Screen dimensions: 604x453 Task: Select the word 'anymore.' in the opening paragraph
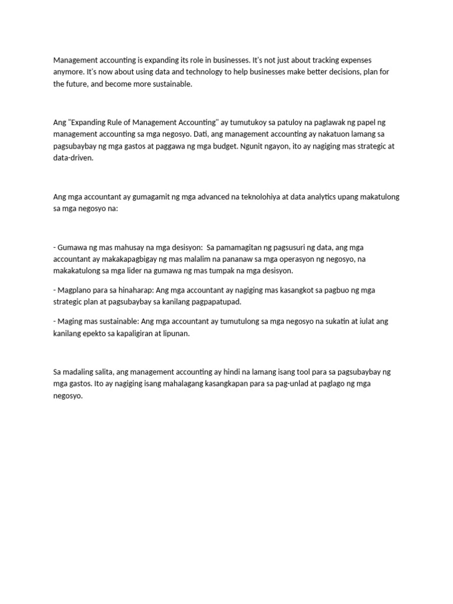point(68,72)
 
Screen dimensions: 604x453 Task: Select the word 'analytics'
point(322,196)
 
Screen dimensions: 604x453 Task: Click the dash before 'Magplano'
point(55,290)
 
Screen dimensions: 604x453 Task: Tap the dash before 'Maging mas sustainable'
point(55,321)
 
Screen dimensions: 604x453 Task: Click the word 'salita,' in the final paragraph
point(100,372)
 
